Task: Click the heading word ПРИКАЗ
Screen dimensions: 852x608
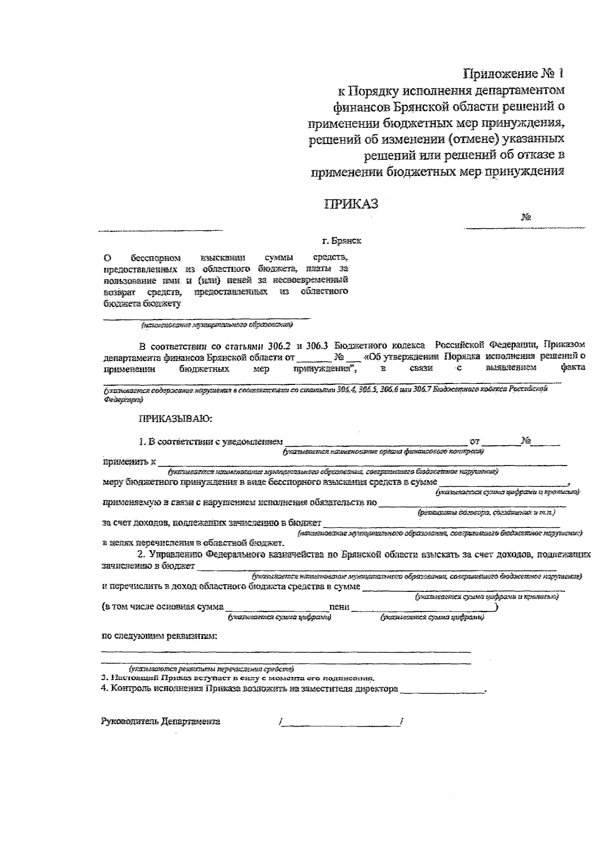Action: click(x=351, y=204)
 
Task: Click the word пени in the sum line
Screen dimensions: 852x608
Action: click(x=339, y=607)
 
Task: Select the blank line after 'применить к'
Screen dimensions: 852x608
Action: click(x=362, y=463)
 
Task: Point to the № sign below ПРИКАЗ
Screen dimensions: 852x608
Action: click(x=525, y=218)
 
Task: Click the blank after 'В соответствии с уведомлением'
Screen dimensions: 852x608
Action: click(x=375, y=443)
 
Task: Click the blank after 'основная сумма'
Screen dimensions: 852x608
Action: click(x=276, y=608)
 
